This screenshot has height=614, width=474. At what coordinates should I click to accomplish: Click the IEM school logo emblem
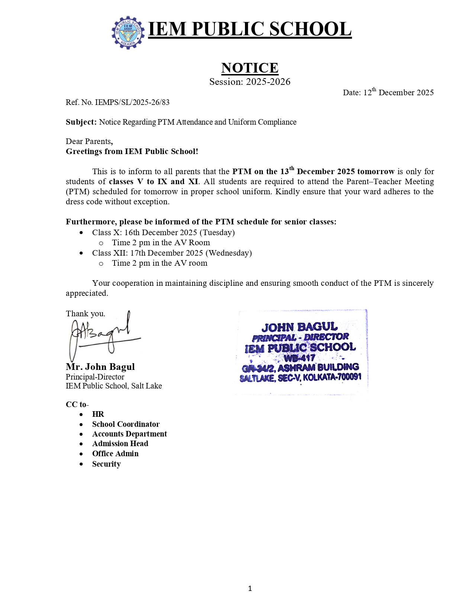pyautogui.click(x=128, y=32)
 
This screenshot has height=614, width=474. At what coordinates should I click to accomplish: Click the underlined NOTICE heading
pyautogui.click(x=249, y=68)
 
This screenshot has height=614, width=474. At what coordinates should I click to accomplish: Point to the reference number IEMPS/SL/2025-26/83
pyautogui.click(x=132, y=102)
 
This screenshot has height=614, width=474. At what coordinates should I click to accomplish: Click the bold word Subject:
pyautogui.click(x=81, y=122)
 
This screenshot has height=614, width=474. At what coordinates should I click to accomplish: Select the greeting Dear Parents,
pyautogui.click(x=89, y=141)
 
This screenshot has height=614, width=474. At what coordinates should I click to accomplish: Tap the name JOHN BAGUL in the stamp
pyautogui.click(x=299, y=327)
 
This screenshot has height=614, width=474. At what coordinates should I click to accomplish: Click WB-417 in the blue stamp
pyautogui.click(x=299, y=358)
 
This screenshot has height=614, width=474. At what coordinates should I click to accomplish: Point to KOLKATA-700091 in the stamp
pyautogui.click(x=332, y=377)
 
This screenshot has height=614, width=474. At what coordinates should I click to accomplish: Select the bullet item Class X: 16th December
pyautogui.click(x=163, y=233)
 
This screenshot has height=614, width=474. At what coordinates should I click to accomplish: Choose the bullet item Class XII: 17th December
pyautogui.click(x=172, y=253)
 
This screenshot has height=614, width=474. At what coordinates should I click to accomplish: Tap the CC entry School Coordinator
pyautogui.click(x=126, y=424)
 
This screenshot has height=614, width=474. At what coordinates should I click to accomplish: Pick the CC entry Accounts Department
pyautogui.click(x=129, y=434)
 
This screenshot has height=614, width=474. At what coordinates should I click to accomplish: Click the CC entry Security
pyautogui.click(x=106, y=464)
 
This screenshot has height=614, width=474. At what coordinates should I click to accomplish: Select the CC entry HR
pyautogui.click(x=98, y=414)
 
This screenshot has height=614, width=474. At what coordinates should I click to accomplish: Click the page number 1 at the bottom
pyautogui.click(x=250, y=588)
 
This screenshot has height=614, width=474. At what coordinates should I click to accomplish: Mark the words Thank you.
pyautogui.click(x=86, y=314)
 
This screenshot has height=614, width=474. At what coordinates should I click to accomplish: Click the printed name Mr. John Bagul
pyautogui.click(x=100, y=367)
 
